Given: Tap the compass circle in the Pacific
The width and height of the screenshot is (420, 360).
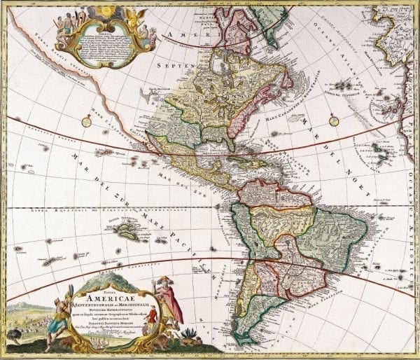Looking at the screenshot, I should pyautogui.click(x=86, y=121).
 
